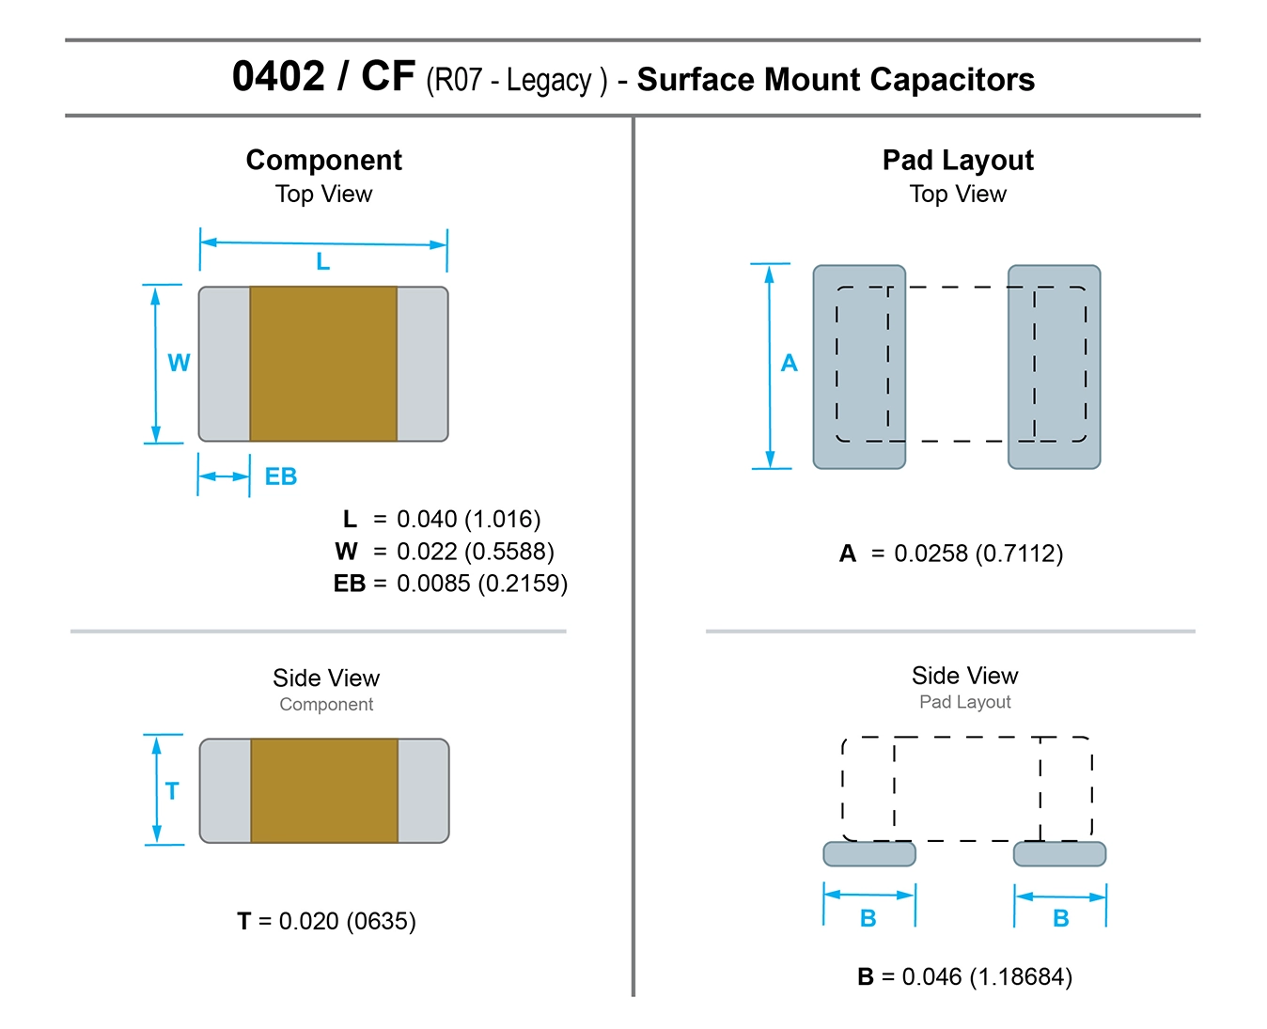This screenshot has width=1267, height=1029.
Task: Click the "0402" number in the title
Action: (x=278, y=77)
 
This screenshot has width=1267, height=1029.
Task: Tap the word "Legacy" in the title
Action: (x=549, y=81)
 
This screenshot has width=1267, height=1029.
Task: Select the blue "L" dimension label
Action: (x=322, y=261)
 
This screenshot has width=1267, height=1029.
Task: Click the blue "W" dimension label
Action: (x=179, y=363)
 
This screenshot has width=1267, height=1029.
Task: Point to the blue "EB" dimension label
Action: (x=280, y=476)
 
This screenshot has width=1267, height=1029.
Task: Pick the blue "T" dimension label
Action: (x=172, y=791)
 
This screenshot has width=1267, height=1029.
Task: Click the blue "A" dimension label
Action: (x=789, y=364)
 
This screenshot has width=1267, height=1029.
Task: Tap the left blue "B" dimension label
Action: (x=868, y=918)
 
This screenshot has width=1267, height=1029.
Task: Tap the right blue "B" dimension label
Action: (x=1060, y=918)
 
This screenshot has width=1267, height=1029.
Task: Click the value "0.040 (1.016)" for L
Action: (x=468, y=520)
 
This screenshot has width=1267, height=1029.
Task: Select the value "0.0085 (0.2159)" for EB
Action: (x=481, y=584)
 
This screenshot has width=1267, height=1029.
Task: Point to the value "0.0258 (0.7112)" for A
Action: (x=978, y=553)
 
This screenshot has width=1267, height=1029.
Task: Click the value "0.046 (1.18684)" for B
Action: (x=986, y=977)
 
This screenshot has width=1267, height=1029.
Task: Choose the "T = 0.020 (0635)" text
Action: (x=326, y=921)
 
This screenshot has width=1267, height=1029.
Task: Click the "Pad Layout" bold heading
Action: (x=957, y=161)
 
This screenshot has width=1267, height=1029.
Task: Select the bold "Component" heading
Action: (x=323, y=161)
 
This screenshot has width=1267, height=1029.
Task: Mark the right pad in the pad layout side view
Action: (x=1059, y=854)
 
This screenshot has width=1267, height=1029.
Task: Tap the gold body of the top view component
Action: (x=323, y=364)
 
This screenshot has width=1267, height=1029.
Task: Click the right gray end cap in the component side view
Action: (x=423, y=791)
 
